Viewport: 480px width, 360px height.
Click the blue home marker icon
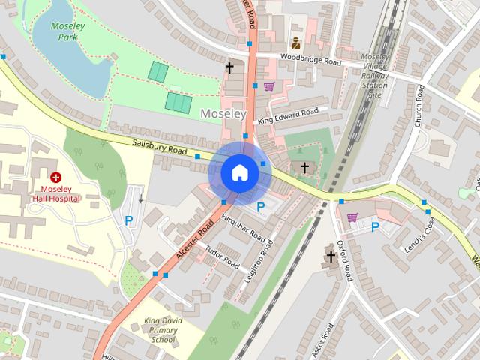click(x=239, y=172)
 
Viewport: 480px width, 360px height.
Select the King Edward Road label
click(x=288, y=115)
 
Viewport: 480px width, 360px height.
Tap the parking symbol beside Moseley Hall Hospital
click(x=129, y=220)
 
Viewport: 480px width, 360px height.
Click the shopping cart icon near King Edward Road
click(x=268, y=86)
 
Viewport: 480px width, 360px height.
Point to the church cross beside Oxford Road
click(x=330, y=257)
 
